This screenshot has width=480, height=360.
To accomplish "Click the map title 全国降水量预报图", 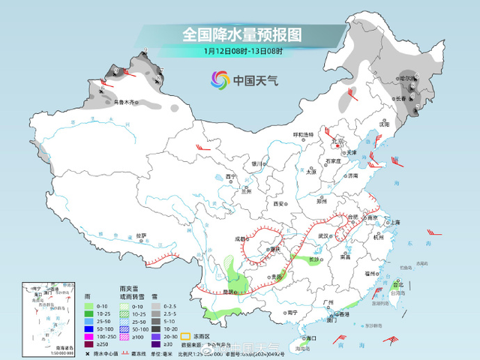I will (x=241, y=34).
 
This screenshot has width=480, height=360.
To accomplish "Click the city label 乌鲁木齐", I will (x=126, y=103).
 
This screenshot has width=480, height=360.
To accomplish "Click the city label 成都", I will (x=240, y=239).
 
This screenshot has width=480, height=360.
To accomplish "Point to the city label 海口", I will (x=301, y=338).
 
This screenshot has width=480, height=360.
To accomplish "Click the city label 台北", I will (x=398, y=285).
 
